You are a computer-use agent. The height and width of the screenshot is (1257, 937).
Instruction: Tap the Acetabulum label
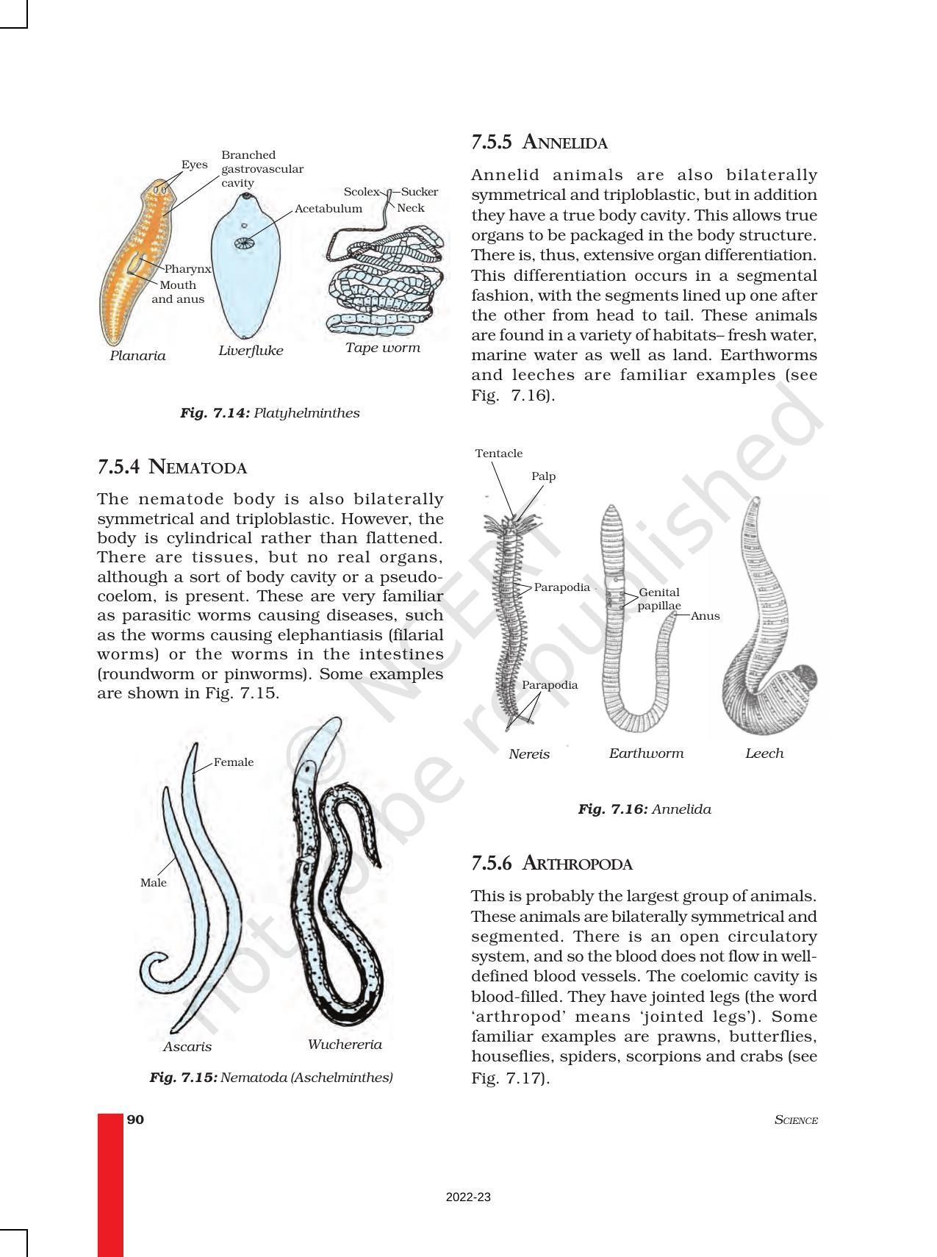[x=328, y=209]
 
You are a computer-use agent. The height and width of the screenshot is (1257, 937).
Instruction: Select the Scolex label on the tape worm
[x=361, y=192]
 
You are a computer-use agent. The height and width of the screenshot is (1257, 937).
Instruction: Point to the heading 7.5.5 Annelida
[x=539, y=143]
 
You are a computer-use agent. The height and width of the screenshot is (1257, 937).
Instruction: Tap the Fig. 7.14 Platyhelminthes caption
[x=270, y=413]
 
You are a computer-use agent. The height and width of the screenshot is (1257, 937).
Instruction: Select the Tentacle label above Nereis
[x=498, y=454]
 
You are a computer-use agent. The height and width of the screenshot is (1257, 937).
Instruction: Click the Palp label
[x=543, y=476]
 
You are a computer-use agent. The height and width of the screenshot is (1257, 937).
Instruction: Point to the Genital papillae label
[x=658, y=599]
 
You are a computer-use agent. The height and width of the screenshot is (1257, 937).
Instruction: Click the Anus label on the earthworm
[x=705, y=616]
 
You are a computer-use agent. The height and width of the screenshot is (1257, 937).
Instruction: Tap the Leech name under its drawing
[x=764, y=753]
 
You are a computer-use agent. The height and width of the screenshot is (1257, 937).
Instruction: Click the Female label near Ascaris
[x=233, y=762]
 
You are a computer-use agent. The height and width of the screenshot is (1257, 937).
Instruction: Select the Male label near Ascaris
[x=153, y=883]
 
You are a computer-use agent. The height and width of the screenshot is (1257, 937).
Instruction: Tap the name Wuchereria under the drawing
[x=345, y=1045]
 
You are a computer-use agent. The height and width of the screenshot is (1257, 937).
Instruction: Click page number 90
[x=135, y=1120]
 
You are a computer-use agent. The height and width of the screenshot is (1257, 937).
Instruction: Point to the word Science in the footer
[x=796, y=1120]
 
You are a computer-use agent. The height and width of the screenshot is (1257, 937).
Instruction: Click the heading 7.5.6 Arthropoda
[x=551, y=864]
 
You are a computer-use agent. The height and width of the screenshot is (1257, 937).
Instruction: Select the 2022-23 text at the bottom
[x=468, y=1197]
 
